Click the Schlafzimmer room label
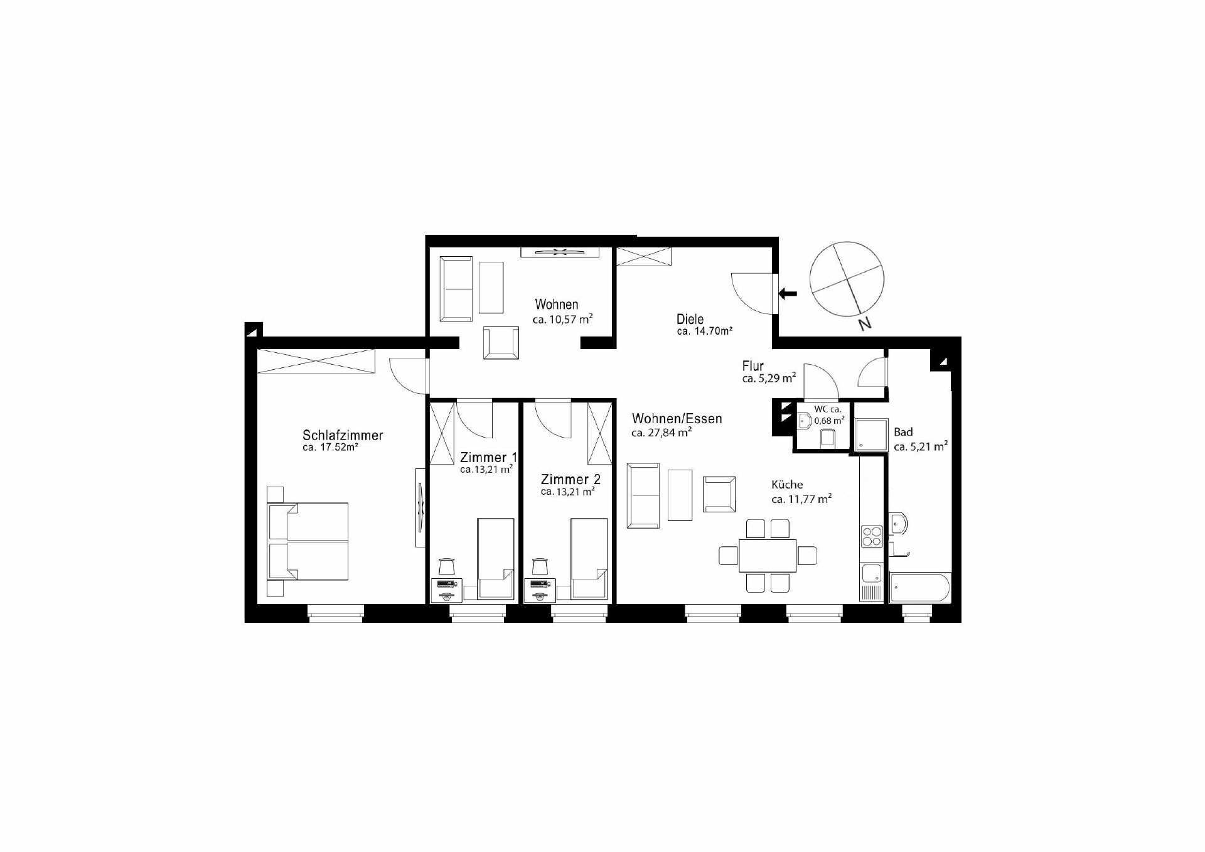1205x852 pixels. click(342, 435)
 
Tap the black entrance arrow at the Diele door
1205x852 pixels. click(788, 293)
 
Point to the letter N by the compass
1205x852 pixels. click(865, 324)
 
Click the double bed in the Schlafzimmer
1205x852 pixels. click(309, 541)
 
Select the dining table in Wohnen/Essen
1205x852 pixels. click(768, 556)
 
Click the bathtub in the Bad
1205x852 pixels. click(920, 588)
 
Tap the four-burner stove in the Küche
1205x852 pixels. click(872, 537)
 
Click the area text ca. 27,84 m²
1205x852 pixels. click(661, 433)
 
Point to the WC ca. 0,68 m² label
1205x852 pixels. click(828, 415)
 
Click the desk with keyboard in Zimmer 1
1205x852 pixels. click(447, 589)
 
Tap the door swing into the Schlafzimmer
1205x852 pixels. click(407, 375)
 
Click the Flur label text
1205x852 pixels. click(752, 366)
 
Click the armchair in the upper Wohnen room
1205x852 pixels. click(501, 343)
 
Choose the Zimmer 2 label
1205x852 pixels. click(570, 480)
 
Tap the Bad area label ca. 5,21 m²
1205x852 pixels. click(920, 447)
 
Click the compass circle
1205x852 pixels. click(847, 278)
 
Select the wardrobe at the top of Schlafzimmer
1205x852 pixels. click(316, 361)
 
